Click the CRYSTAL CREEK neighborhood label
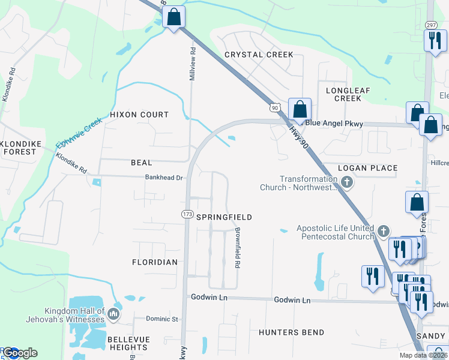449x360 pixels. coord(259,55)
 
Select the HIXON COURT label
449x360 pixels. coord(139,114)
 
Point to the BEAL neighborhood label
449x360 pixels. coord(141,163)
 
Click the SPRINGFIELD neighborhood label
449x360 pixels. coord(224,217)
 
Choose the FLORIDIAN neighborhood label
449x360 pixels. coord(155,262)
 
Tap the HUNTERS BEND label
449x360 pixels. coord(291,332)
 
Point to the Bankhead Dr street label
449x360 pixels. coord(163,178)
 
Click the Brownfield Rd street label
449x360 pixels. coord(238,247)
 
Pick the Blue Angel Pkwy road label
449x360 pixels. coord(334,124)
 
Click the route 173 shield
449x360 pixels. coord(187,214)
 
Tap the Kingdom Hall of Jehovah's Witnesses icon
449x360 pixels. coord(113,314)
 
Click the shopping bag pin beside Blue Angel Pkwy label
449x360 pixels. coord(300,110)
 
